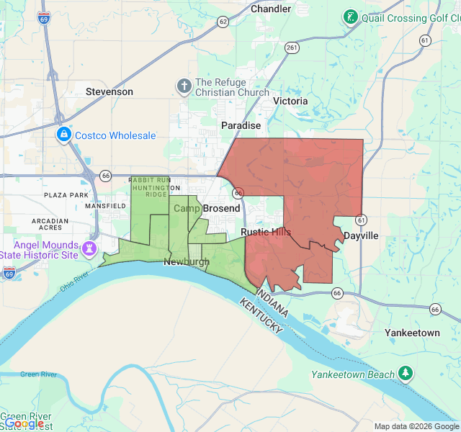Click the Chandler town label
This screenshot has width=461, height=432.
(x=271, y=9)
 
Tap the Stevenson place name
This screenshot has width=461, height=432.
(x=109, y=91)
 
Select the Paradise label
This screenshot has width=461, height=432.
(x=241, y=125)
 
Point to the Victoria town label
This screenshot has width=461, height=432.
(x=290, y=101)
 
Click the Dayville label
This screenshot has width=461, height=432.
(x=360, y=235)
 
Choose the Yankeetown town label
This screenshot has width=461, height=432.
(x=412, y=333)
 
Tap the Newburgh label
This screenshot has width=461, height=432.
(x=187, y=261)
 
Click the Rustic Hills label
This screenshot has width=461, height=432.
(x=266, y=232)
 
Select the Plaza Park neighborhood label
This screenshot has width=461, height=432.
(x=66, y=195)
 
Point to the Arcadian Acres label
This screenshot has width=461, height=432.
(x=50, y=225)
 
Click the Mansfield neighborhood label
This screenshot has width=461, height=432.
(x=105, y=206)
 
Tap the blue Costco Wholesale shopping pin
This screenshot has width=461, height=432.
(x=63, y=135)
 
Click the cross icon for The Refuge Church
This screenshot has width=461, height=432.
(x=184, y=87)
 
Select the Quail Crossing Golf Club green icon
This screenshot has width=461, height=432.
(x=350, y=17)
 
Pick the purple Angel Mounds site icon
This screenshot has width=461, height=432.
(x=89, y=249)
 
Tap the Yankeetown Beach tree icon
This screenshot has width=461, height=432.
(x=406, y=373)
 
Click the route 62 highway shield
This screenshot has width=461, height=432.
(x=223, y=22)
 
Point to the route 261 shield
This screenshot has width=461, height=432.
(x=292, y=48)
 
